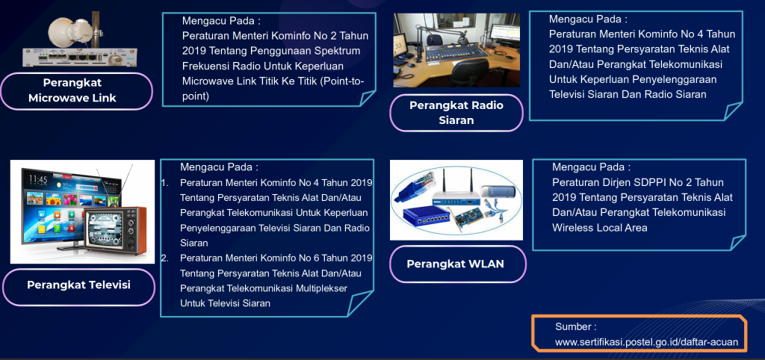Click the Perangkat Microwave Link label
tap(72, 90)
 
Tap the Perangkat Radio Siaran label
tap(456, 113)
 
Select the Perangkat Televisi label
tap(78, 285)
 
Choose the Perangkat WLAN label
tap(455, 264)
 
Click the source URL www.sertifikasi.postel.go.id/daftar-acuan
tap(646, 342)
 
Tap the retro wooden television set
tap(116, 230)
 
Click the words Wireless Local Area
tap(600, 228)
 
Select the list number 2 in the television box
tap(164, 258)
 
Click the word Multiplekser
tap(321, 288)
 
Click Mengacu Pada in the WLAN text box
tap(591, 167)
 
